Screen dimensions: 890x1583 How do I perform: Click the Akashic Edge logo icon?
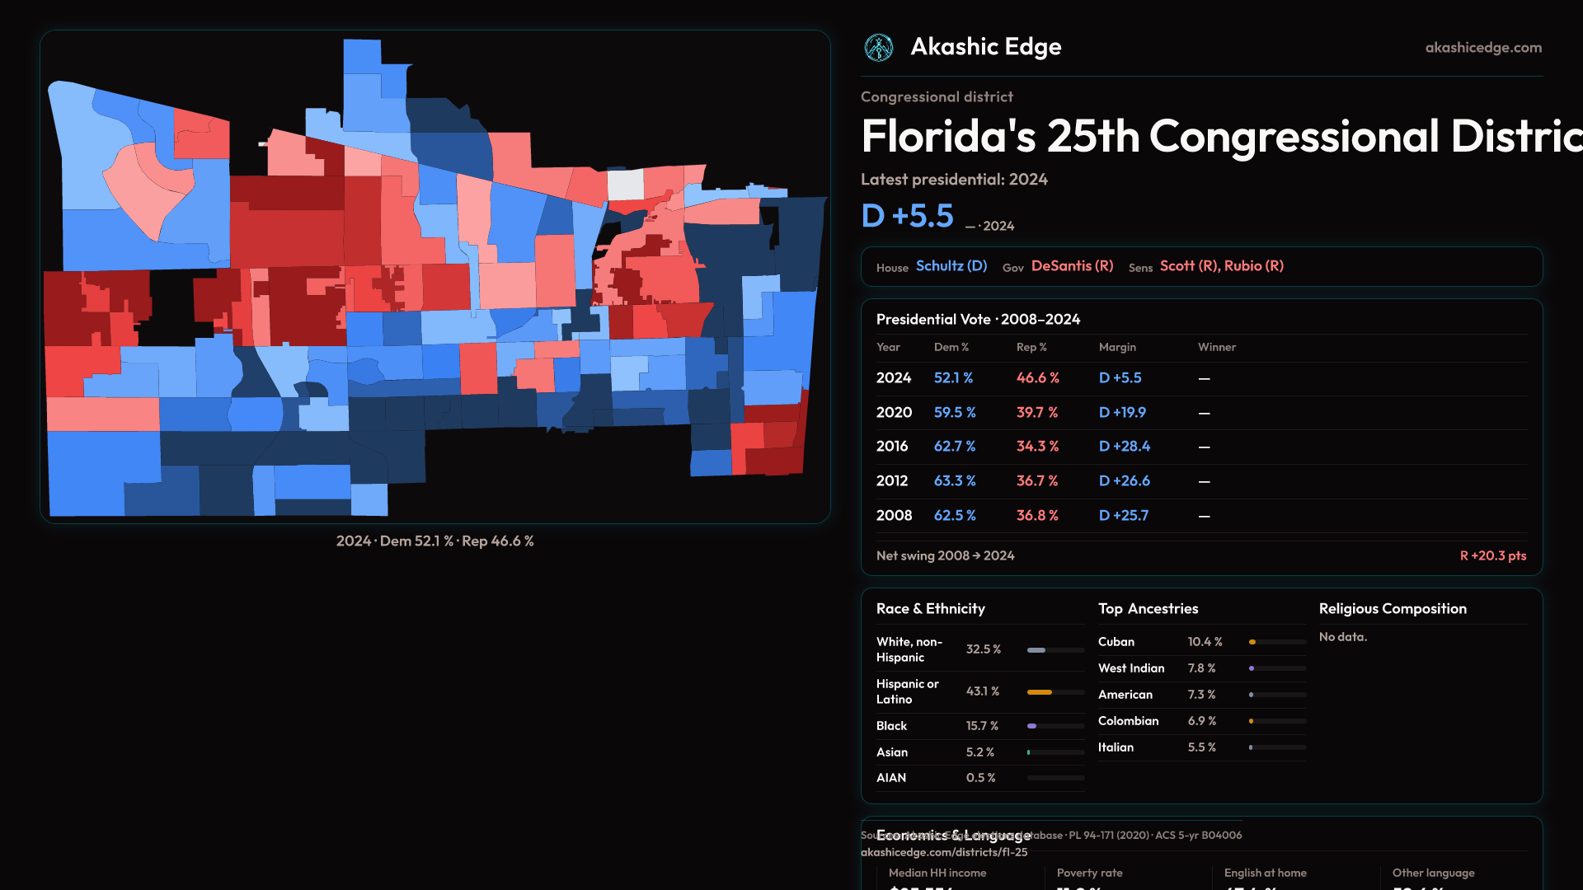pos(879,48)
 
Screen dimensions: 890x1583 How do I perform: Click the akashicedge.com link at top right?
pos(1483,48)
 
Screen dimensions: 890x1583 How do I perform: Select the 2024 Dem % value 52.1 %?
pos(953,378)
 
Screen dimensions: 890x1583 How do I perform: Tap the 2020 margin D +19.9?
pos(1122,413)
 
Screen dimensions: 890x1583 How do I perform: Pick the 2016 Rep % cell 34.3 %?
pos(1037,447)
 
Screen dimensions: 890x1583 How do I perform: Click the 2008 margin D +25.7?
pos(1123,516)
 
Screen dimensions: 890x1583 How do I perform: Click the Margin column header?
pos(1117,348)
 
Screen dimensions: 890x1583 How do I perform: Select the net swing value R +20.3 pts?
pos(1492,556)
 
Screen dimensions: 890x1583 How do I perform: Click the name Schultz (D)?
pos(951,266)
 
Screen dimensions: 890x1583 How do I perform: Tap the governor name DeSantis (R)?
pos(1072,266)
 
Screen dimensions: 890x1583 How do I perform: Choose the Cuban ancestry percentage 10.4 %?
pos(1205,642)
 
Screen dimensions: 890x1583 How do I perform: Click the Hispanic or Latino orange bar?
pos(1039,692)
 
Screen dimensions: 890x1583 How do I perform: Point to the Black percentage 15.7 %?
pos(982,726)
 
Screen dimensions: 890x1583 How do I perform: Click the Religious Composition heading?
pos(1393,609)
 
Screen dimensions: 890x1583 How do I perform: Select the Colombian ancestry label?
pos(1128,721)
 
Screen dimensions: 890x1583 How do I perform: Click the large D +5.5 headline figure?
pos(907,216)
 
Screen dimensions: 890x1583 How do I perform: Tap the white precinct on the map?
pos(626,185)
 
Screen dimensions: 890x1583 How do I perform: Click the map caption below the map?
pos(435,541)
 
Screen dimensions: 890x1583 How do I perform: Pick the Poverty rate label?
pos(1089,874)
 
